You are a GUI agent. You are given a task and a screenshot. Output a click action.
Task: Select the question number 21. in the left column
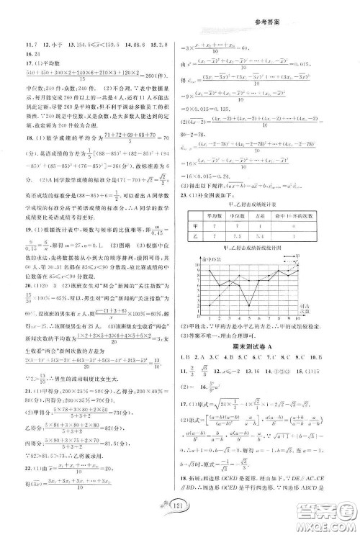28,379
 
